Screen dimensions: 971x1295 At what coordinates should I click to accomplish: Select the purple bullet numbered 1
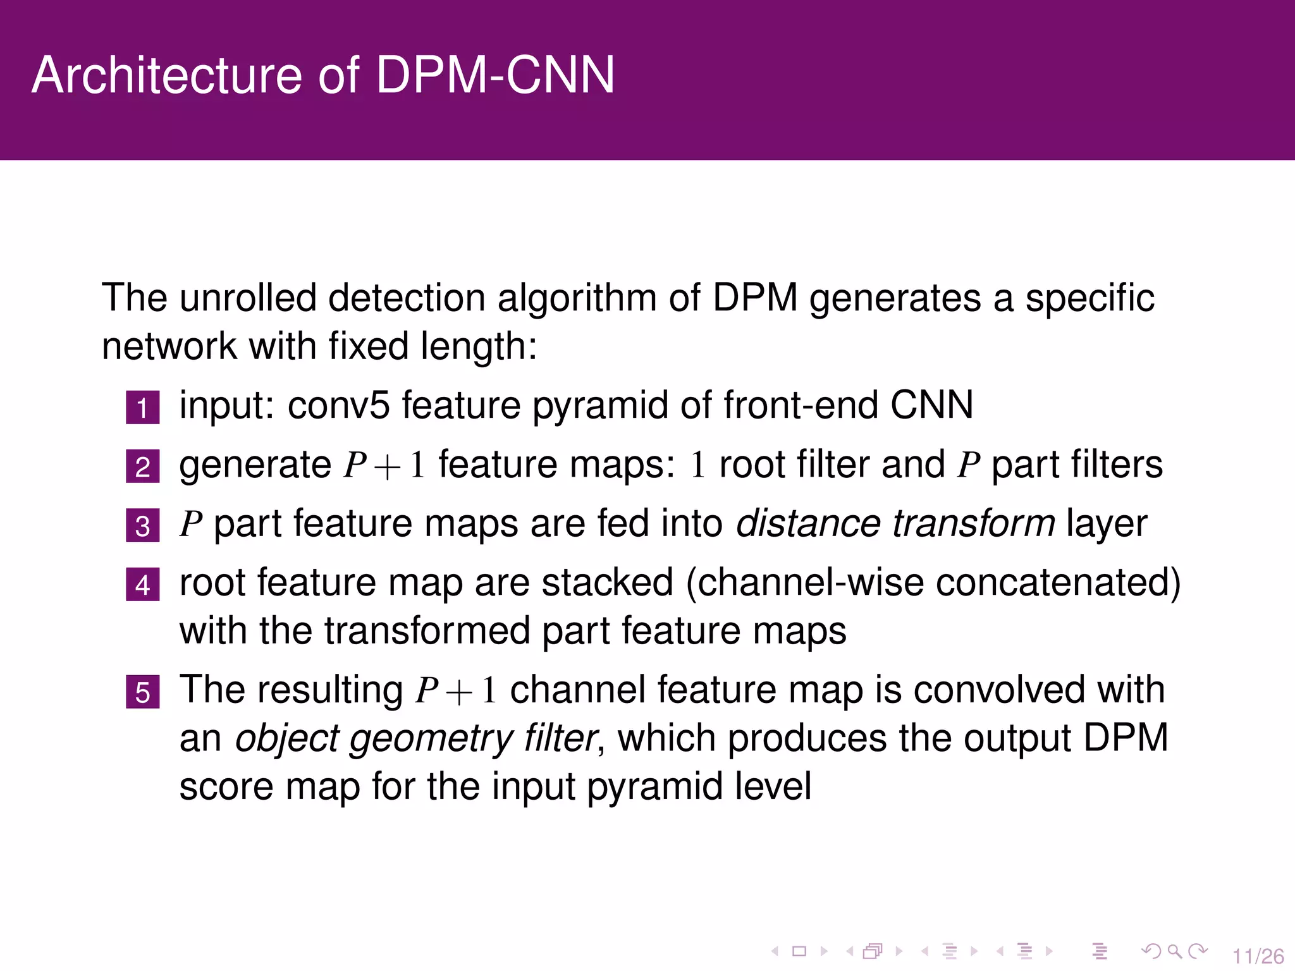click(x=142, y=408)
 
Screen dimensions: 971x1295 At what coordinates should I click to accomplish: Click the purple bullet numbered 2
click(x=142, y=467)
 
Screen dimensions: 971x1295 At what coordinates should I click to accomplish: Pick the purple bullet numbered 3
click(x=142, y=526)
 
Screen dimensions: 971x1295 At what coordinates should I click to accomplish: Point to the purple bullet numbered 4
click(x=142, y=585)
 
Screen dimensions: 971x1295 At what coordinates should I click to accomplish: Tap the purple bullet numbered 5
click(x=142, y=692)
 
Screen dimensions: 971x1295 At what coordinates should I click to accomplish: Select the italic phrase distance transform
click(x=895, y=523)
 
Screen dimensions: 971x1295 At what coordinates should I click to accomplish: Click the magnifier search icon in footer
click(x=1174, y=951)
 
